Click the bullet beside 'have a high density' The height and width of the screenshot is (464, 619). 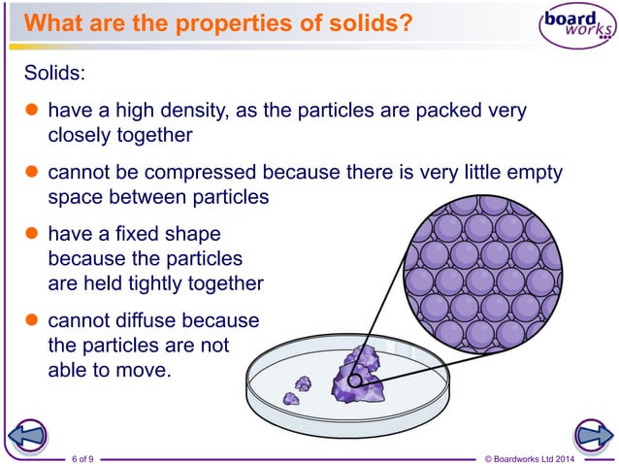[30, 111]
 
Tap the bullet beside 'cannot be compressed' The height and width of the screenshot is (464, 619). [30, 175]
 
